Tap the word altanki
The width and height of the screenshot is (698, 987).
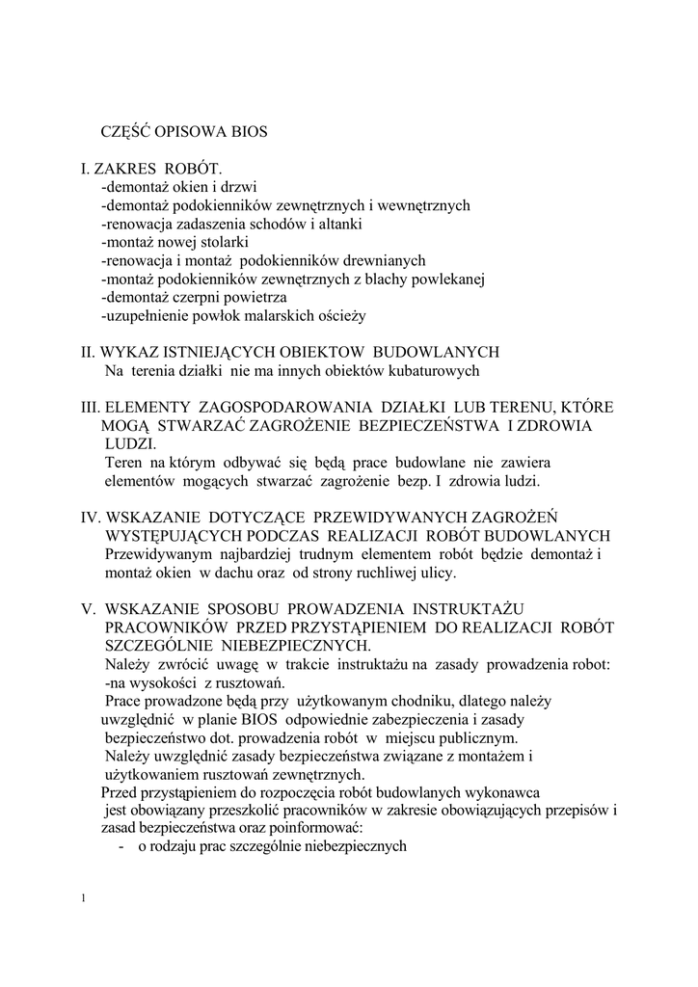(x=342, y=224)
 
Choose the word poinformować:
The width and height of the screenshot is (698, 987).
(x=305, y=829)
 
